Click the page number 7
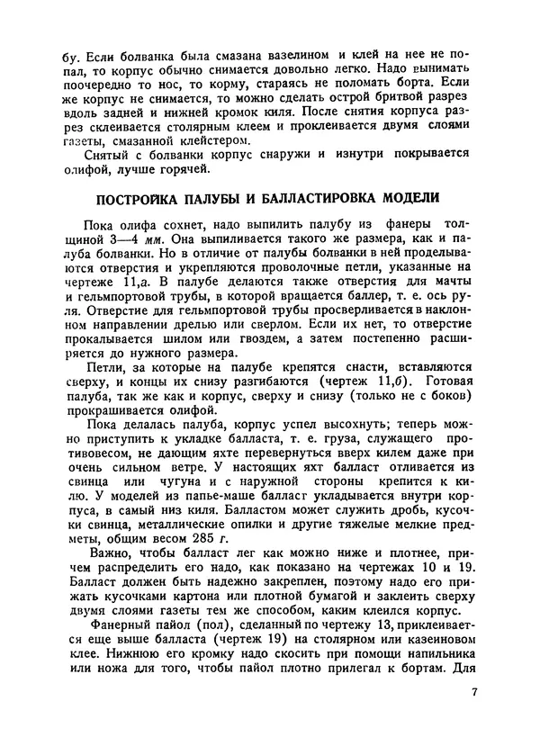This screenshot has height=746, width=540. [474, 693]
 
